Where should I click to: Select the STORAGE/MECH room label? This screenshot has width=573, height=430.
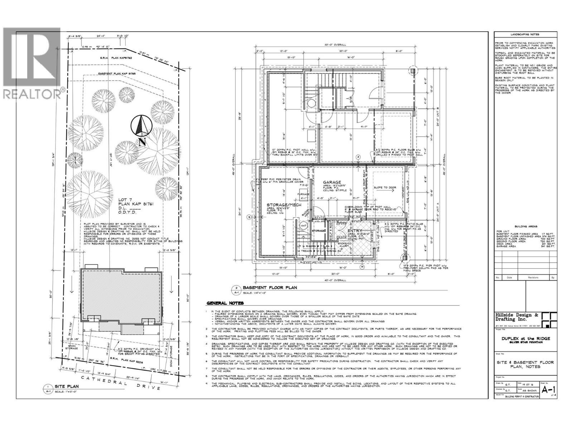pyautogui.click(x=284, y=205)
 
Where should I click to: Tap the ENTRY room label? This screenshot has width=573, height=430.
pyautogui.click(x=355, y=231)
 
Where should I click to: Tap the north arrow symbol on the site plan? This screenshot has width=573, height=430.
pyautogui.click(x=142, y=127)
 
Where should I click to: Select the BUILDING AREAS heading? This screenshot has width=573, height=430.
pyautogui.click(x=525, y=227)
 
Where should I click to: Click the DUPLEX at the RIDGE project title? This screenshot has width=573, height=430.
pyautogui.click(x=525, y=339)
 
